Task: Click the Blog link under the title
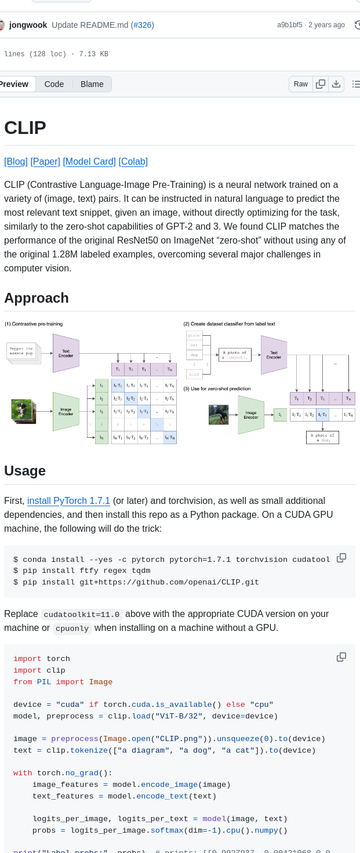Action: pos(16,162)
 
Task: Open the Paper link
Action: pos(45,162)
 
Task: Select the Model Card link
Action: pos(89,162)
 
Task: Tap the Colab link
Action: pos(133,162)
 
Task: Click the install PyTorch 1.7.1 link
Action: pos(68,500)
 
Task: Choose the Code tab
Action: pos(54,84)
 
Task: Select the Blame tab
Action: pos(92,84)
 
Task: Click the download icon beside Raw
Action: pos(336,84)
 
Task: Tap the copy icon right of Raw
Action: pos(321,84)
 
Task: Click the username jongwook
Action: pos(28,25)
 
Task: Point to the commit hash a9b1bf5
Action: pos(289,25)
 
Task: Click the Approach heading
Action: pos(37,298)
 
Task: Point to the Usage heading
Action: pos(25,470)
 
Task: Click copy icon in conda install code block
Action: pos(341,558)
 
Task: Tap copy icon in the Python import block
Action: pos(341,657)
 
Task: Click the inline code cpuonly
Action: pos(72,629)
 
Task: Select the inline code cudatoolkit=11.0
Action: pos(82,615)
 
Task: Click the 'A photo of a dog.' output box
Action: pos(322,437)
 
